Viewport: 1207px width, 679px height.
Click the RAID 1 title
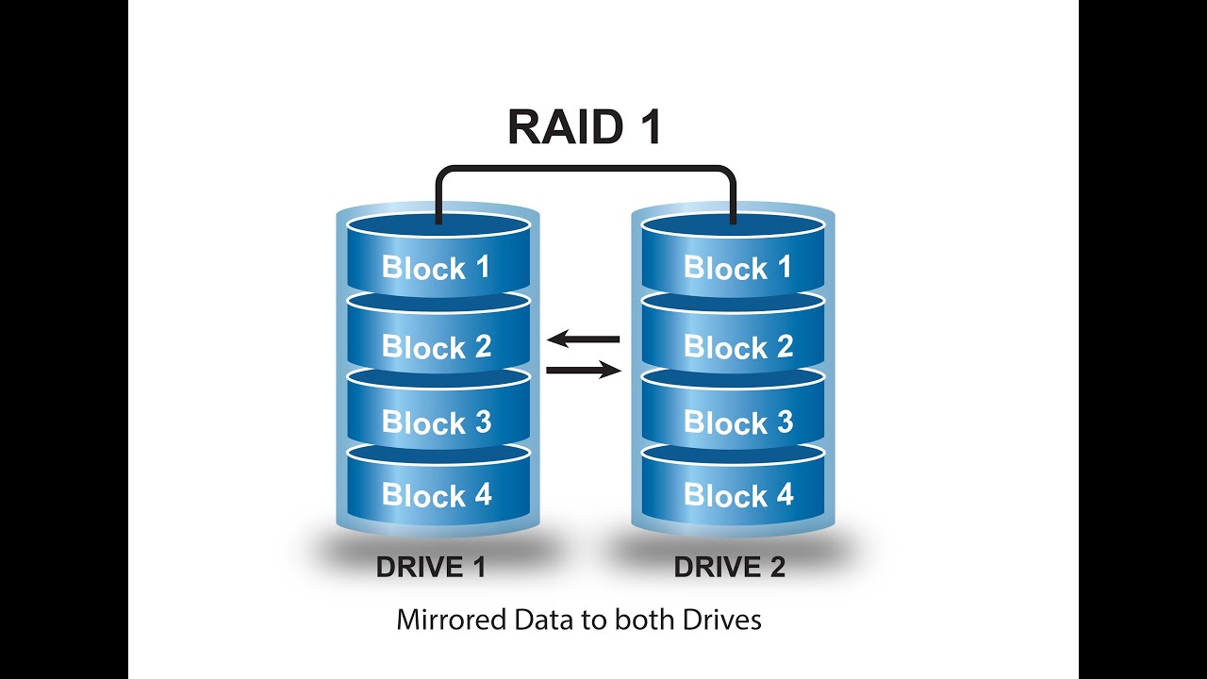click(x=584, y=128)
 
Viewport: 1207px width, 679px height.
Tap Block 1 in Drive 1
click(x=437, y=267)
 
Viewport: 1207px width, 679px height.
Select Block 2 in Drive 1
click(x=437, y=346)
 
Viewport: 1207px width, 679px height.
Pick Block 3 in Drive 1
click(x=437, y=422)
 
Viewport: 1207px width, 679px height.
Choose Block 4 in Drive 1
click(x=437, y=495)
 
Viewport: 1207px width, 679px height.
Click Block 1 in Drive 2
click(x=737, y=268)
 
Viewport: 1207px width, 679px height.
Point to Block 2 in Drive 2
click(x=737, y=347)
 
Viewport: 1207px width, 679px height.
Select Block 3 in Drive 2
click(x=737, y=422)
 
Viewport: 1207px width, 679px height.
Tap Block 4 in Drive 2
click(x=737, y=495)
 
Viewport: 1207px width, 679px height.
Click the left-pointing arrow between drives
click(x=583, y=339)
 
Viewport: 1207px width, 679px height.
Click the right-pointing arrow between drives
click(x=584, y=371)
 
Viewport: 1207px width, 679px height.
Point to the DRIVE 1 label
click(x=431, y=568)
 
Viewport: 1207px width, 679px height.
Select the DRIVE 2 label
click(x=729, y=568)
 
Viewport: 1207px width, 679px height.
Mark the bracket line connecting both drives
click(x=585, y=169)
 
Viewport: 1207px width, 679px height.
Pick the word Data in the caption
click(x=533, y=621)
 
